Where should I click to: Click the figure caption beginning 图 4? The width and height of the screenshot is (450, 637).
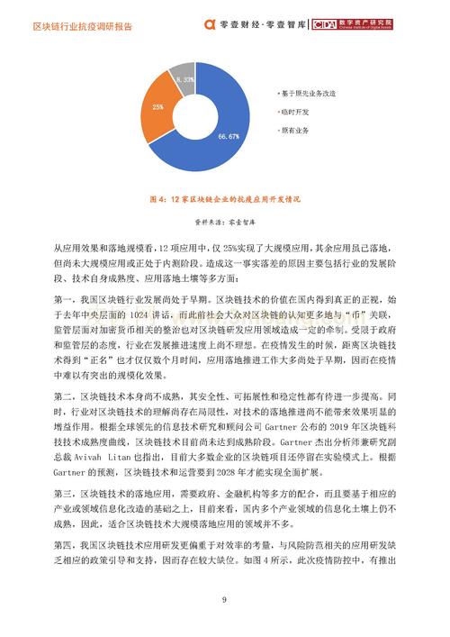click(x=225, y=198)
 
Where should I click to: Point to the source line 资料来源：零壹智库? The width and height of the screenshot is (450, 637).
click(x=225, y=219)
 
